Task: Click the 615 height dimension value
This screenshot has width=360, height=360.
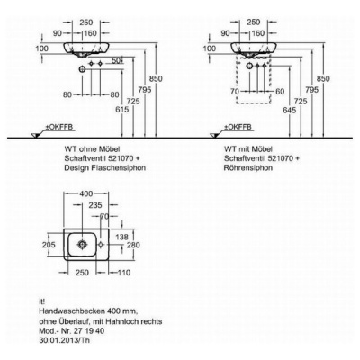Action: pos(122,110)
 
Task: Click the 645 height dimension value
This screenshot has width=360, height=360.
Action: pos(289,110)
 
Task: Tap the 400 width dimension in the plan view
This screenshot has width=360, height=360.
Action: pos(86,193)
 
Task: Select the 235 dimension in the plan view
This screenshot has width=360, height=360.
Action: pos(95,205)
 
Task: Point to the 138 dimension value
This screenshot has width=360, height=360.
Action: pos(121,237)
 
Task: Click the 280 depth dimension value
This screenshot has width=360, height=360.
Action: pos(133,245)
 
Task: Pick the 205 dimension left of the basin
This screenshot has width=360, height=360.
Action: pos(49,245)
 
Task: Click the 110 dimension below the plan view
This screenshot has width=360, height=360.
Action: pos(123,273)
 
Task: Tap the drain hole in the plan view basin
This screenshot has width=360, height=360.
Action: pos(82,244)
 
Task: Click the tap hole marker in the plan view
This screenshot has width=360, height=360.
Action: pos(101,245)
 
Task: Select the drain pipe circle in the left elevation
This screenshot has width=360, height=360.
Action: pos(82,70)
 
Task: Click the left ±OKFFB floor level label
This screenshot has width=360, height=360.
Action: pos(59,127)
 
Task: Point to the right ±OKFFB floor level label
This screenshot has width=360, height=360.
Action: pos(238,127)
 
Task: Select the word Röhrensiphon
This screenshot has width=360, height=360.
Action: pos(248,167)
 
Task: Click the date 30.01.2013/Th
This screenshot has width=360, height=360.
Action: pos(65,340)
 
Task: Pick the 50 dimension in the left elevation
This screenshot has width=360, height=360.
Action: pos(115,61)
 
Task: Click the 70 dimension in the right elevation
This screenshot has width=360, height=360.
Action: pos(235,92)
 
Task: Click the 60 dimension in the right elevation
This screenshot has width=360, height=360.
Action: pos(280,92)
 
